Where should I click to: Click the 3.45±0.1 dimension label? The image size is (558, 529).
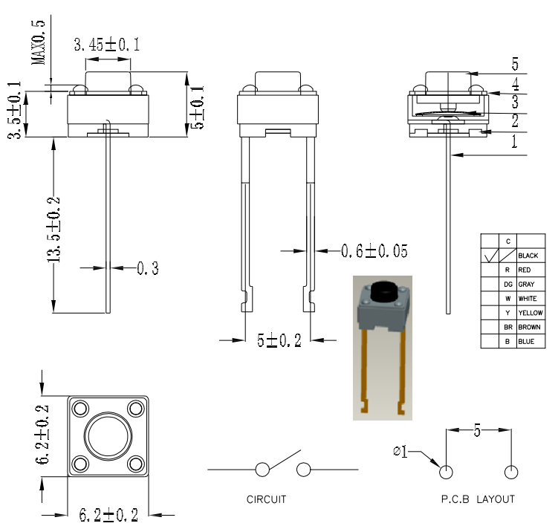tap(106, 45)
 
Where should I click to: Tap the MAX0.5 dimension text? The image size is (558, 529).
tap(39, 42)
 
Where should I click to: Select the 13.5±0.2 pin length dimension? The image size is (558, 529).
tap(54, 230)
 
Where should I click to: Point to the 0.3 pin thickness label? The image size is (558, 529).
tap(147, 268)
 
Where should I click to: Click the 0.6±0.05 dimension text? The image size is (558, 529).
tap(374, 251)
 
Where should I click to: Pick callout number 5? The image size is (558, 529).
tap(514, 63)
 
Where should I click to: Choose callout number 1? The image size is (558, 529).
tap(514, 143)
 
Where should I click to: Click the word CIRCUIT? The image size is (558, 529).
tap(266, 499)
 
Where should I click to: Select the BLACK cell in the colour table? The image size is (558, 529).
tap(528, 256)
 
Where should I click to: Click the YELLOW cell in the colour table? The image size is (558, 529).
tap(530, 313)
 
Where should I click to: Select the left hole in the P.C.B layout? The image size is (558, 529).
tap(447, 473)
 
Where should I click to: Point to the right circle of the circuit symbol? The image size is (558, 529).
tap(303, 470)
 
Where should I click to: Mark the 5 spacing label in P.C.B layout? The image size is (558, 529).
tap(478, 429)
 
